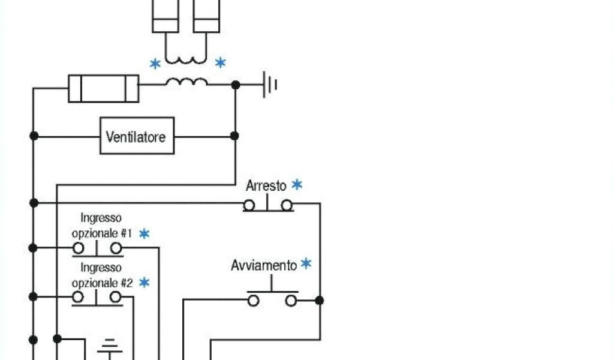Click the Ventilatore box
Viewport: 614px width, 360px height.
(x=137, y=136)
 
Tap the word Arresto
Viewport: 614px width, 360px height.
(x=266, y=186)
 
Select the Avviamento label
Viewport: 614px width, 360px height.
(x=264, y=265)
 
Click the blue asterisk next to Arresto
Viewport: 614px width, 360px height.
(x=297, y=185)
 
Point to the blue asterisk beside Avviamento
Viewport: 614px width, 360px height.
(x=306, y=264)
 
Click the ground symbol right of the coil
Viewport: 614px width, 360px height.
(x=270, y=85)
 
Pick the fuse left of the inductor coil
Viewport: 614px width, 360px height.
(x=104, y=89)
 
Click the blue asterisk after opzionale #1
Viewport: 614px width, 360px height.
(x=144, y=233)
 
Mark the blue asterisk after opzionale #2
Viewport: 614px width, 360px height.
(x=144, y=282)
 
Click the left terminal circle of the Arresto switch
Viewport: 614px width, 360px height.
(x=249, y=205)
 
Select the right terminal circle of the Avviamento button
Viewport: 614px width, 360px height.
(x=291, y=300)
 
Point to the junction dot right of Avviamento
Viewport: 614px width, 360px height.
(x=320, y=300)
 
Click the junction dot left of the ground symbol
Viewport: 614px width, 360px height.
(x=236, y=85)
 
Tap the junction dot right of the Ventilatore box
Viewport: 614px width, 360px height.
(x=234, y=136)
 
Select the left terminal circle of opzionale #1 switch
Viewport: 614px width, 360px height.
(x=78, y=248)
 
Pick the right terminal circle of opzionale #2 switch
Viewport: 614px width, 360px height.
(x=116, y=297)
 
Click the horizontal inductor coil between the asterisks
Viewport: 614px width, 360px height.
(x=186, y=82)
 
